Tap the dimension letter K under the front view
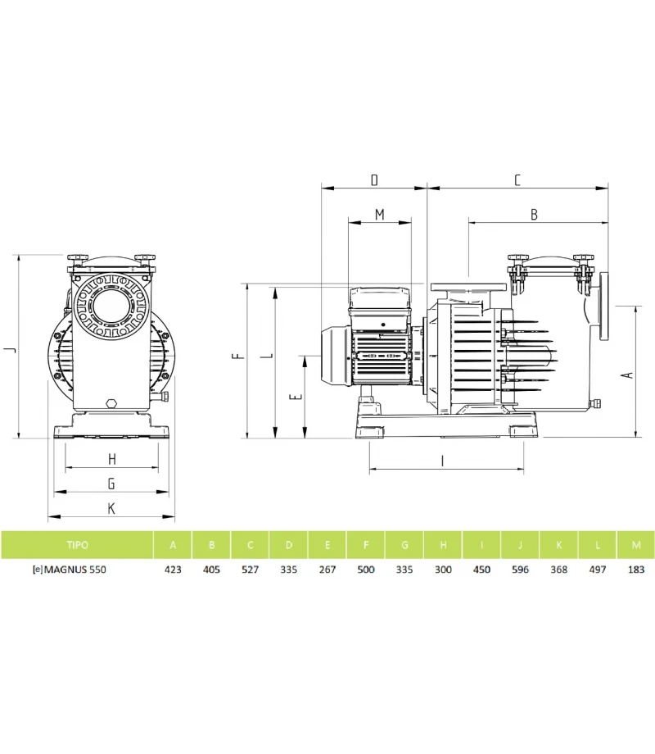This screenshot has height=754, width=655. [x=111, y=508]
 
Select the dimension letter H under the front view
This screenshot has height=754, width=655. [x=111, y=459]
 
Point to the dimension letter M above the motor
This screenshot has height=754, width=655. [x=379, y=215]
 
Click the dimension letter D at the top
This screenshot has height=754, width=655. [x=374, y=179]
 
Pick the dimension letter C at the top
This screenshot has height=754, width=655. [x=517, y=179]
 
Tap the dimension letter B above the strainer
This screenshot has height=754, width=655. [x=534, y=215]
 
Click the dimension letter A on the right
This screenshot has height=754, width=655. [x=628, y=374]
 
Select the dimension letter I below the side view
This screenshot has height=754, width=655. [x=442, y=461]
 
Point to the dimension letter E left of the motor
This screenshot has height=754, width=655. [x=297, y=396]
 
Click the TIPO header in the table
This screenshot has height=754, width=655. [x=77, y=544]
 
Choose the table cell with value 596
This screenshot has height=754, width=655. [x=520, y=569]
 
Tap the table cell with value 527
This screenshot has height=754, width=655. [x=250, y=569]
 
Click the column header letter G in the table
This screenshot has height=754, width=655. [x=404, y=544]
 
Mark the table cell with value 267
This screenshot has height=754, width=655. [x=327, y=569]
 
